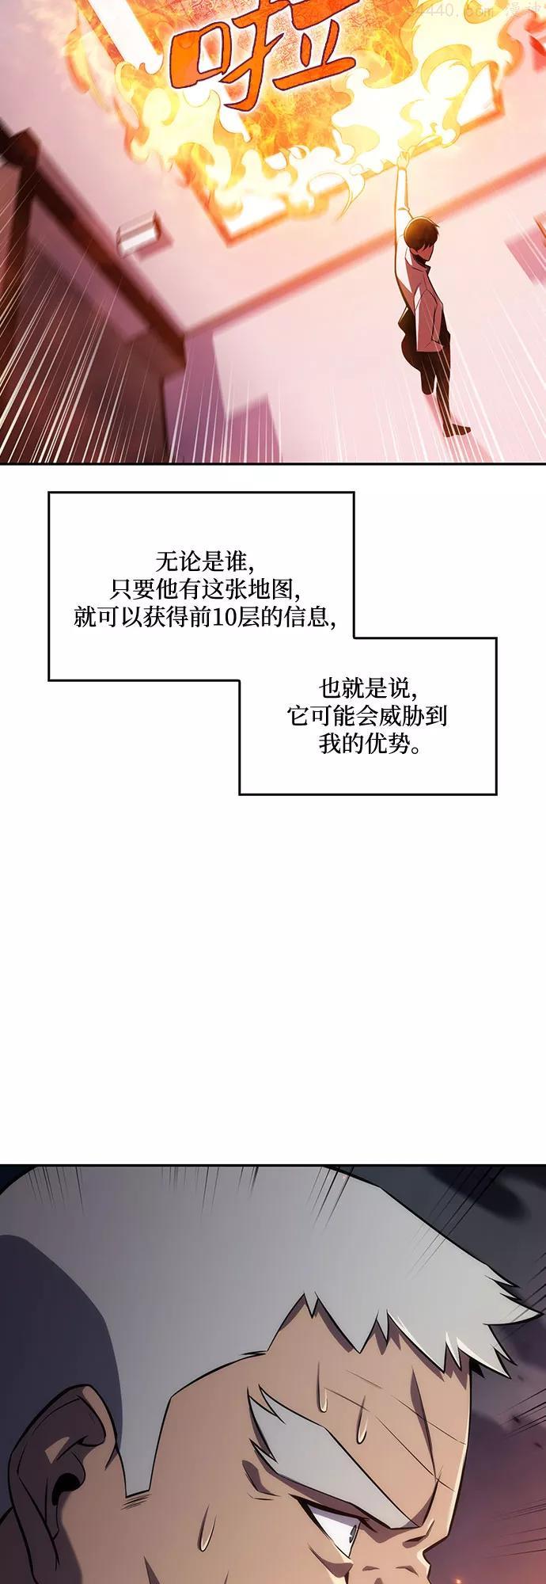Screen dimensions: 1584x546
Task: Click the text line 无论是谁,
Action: pyautogui.click(x=204, y=562)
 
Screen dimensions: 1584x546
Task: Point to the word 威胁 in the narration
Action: pyautogui.click(x=399, y=716)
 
